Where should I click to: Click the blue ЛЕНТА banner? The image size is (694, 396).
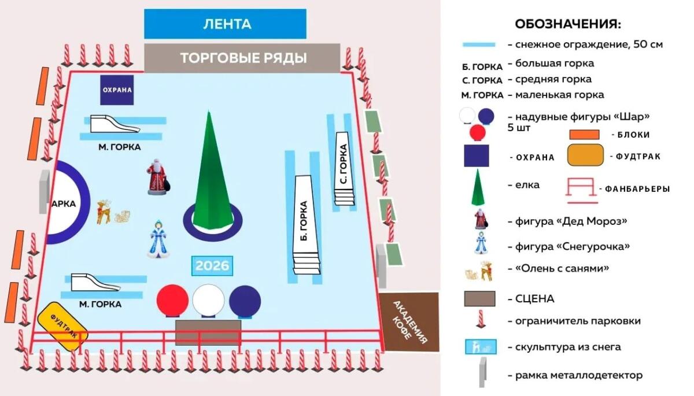pyautogui.click(x=225, y=24)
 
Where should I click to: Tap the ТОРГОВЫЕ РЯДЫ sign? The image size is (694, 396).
pyautogui.click(x=242, y=58)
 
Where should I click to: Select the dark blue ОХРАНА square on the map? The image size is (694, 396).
pyautogui.click(x=117, y=90)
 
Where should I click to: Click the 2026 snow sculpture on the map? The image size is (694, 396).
pyautogui.click(x=212, y=266)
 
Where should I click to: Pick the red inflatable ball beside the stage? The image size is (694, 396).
pyautogui.click(x=173, y=299)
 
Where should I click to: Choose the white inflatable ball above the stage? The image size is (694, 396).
pyautogui.click(x=208, y=300)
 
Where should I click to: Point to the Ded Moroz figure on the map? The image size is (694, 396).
pyautogui.click(x=157, y=177)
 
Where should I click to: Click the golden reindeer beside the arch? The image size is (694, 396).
pyautogui.click(x=105, y=211)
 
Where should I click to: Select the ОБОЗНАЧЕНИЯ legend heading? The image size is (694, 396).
pyautogui.click(x=568, y=24)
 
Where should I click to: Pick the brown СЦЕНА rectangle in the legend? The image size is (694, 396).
pyautogui.click(x=479, y=299)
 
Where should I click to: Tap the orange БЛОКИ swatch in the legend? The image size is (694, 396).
pyautogui.click(x=587, y=135)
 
